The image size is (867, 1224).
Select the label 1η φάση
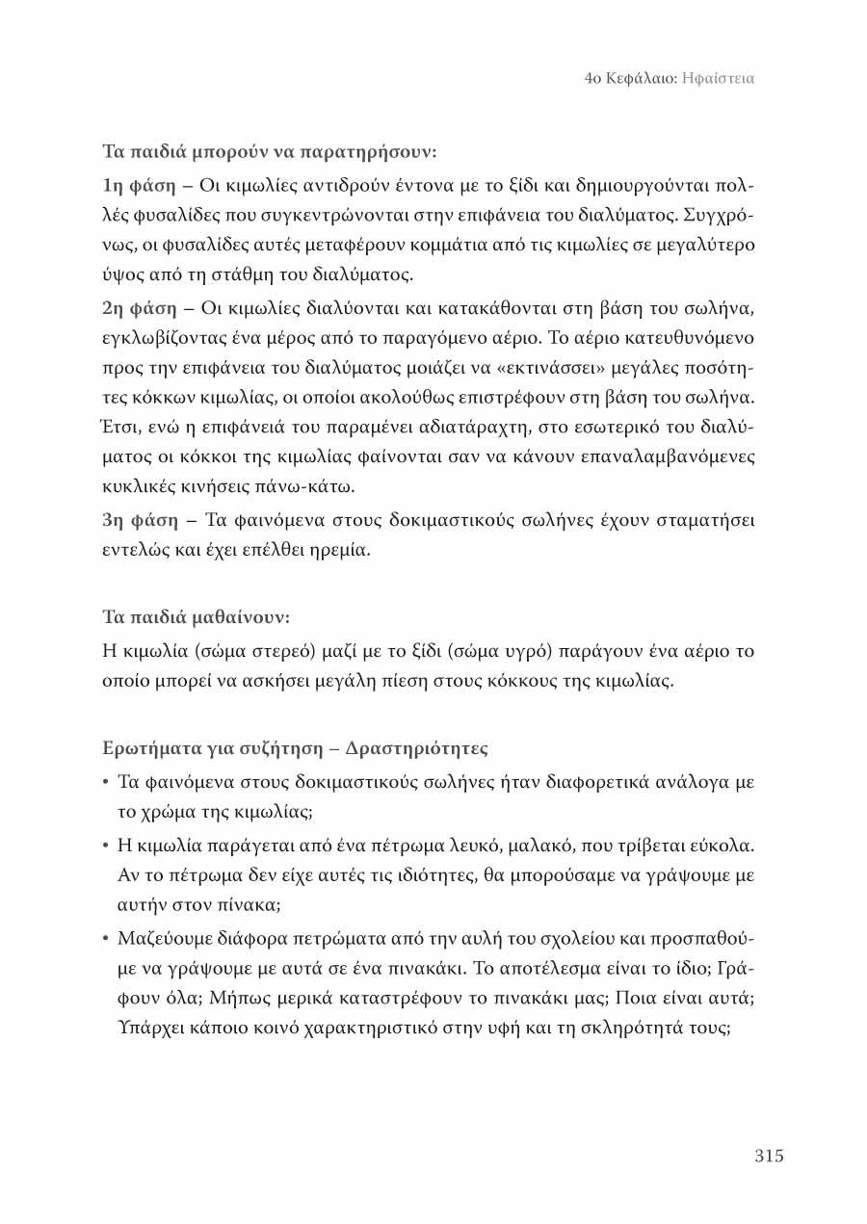(x=138, y=184)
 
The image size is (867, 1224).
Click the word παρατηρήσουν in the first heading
(x=368, y=152)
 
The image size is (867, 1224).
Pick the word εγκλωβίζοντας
(x=164, y=339)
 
